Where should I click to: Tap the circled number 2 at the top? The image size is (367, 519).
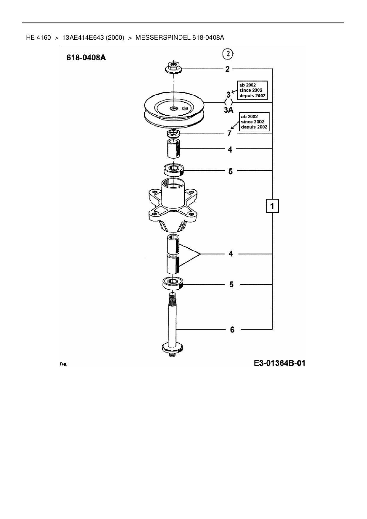tap(228, 54)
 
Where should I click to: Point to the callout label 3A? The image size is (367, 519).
tap(228, 110)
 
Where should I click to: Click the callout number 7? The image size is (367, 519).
tap(229, 134)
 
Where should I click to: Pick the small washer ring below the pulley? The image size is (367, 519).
tap(173, 133)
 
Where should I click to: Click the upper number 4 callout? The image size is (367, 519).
tap(230, 149)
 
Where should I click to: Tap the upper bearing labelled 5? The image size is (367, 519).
tap(174, 170)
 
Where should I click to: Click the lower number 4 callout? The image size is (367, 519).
tap(231, 254)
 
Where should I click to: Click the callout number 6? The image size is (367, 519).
tap(232, 329)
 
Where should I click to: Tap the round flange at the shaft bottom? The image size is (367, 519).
tap(172, 347)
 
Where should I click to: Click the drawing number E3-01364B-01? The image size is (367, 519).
tap(279, 363)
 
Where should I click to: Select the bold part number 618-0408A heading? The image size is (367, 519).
tap(86, 57)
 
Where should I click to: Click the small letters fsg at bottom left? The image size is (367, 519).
tap(63, 364)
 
